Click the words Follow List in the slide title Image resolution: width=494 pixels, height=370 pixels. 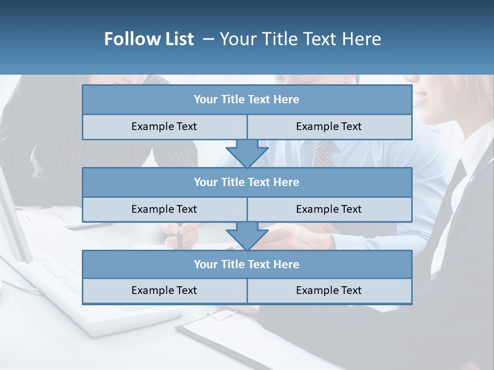tap(149, 39)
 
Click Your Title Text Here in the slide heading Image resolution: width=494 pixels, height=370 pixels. tap(300, 39)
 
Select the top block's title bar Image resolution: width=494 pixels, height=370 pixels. tap(247, 100)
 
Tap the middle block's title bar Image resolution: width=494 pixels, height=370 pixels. tap(247, 182)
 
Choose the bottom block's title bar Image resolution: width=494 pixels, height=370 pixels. tap(247, 264)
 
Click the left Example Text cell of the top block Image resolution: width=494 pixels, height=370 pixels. tap(164, 126)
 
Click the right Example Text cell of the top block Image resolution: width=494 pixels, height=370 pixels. tap(329, 126)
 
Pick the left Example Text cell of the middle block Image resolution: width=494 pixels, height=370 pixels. tap(164, 209)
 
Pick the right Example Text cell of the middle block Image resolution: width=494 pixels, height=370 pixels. tap(329, 209)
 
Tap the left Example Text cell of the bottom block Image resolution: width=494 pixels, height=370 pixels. tap(164, 290)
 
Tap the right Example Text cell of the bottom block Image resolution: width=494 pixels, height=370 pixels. tap(329, 290)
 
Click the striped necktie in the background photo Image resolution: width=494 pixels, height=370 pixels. tap(323, 153)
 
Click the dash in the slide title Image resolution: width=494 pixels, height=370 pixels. tap(208, 39)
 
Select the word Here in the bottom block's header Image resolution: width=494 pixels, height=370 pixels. tap(287, 264)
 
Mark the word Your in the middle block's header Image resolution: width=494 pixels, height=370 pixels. tap(206, 182)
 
